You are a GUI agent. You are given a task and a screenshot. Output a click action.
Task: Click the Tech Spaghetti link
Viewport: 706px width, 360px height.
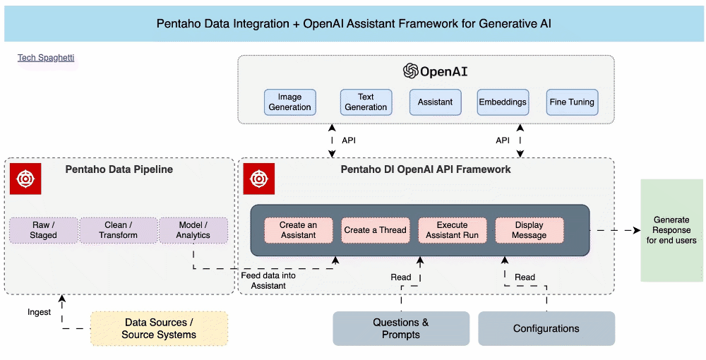pyautogui.click(x=46, y=58)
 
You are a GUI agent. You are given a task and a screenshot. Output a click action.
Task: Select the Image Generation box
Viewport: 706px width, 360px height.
pyautogui.click(x=289, y=102)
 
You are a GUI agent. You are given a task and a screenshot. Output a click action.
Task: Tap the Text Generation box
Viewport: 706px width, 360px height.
pyautogui.click(x=366, y=102)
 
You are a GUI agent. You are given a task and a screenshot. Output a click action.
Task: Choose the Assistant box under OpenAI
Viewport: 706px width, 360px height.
pyautogui.click(x=435, y=102)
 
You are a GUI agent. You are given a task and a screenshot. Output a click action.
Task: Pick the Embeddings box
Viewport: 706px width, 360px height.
pyautogui.click(x=503, y=102)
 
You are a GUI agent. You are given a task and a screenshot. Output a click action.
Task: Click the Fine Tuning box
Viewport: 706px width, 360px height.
pyautogui.click(x=572, y=102)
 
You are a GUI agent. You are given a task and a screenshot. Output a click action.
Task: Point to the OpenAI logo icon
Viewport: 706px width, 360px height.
pyautogui.click(x=410, y=71)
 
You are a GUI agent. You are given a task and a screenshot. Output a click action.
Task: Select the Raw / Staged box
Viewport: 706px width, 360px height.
pyautogui.click(x=43, y=230)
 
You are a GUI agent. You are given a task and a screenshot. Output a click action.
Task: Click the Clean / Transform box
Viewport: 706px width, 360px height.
pyautogui.click(x=118, y=230)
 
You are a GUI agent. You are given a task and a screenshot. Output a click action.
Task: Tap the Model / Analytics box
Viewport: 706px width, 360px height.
pyautogui.click(x=193, y=230)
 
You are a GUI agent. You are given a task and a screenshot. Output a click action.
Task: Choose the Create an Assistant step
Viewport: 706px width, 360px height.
pyautogui.click(x=298, y=230)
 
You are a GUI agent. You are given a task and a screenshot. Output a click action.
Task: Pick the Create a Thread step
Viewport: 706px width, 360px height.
pyautogui.click(x=375, y=230)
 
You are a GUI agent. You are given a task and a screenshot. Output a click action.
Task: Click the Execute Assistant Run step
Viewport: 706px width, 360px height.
pyautogui.click(x=452, y=230)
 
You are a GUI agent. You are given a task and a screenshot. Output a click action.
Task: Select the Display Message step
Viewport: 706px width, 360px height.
pyautogui.click(x=529, y=230)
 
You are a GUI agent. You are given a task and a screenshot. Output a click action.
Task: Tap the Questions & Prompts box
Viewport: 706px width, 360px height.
pyautogui.click(x=401, y=328)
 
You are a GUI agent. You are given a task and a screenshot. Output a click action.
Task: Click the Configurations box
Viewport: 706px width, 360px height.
pyautogui.click(x=546, y=328)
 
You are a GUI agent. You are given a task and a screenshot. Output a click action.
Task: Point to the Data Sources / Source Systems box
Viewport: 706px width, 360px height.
pyautogui.click(x=159, y=328)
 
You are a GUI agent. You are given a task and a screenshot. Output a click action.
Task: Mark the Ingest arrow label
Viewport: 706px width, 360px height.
pyautogui.click(x=39, y=312)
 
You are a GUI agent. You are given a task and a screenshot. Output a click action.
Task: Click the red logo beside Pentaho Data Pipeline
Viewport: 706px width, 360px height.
pyautogui.click(x=25, y=179)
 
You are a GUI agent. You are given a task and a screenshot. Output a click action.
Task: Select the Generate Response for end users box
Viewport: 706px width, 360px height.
pyautogui.click(x=671, y=230)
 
